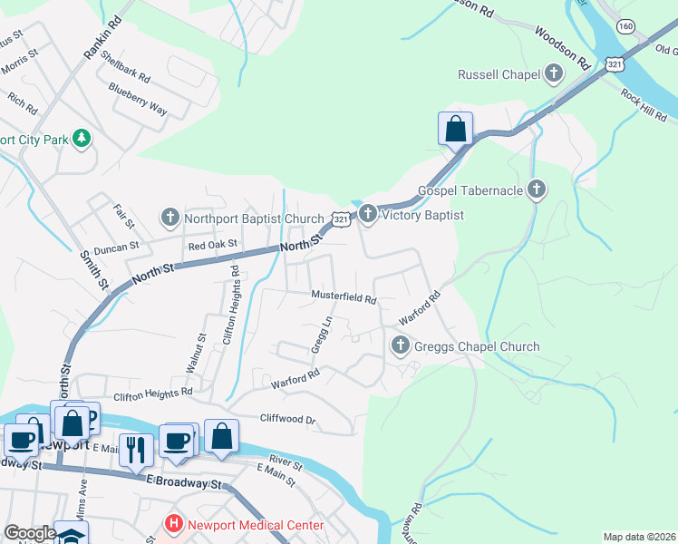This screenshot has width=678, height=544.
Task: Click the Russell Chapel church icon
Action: pos(555,73)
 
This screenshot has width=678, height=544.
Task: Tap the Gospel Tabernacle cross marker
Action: pos(537,190)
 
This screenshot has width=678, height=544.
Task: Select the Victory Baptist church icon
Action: pos(367,215)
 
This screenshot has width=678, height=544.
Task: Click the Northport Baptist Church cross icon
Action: pos(169,218)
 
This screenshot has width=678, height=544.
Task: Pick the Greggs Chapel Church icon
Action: pos(400,345)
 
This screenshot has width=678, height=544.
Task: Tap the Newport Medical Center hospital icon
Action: pos(172,525)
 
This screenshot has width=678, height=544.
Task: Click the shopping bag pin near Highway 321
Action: pos(455,129)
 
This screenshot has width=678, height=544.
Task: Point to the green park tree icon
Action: pos(82,139)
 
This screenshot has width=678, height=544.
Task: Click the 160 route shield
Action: pos(626,26)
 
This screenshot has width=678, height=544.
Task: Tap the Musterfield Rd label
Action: pos(344,296)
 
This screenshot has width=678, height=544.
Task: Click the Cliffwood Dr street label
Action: pos(287,420)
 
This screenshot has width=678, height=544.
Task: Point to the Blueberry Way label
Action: pos(138,99)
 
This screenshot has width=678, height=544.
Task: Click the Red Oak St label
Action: pos(212,244)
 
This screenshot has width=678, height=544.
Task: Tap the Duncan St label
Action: pos(115,246)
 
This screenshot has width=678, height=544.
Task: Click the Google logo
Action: pos(30,533)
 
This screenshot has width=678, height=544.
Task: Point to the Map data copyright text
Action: pos(638,537)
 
